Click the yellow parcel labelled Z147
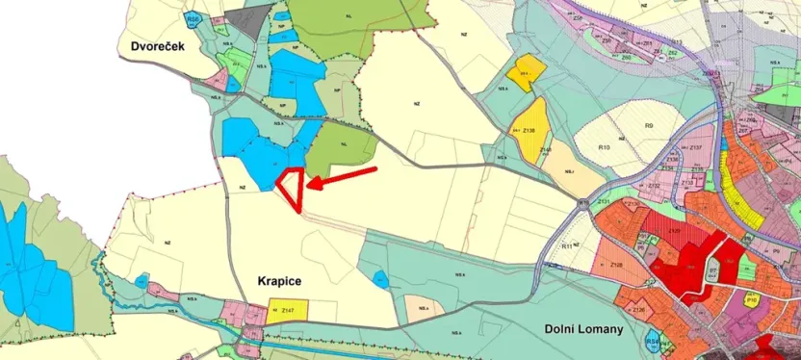287,311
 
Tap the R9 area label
650,126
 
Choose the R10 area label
605,147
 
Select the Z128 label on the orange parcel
616,264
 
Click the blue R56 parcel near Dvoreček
194,19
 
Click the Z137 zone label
696,147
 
